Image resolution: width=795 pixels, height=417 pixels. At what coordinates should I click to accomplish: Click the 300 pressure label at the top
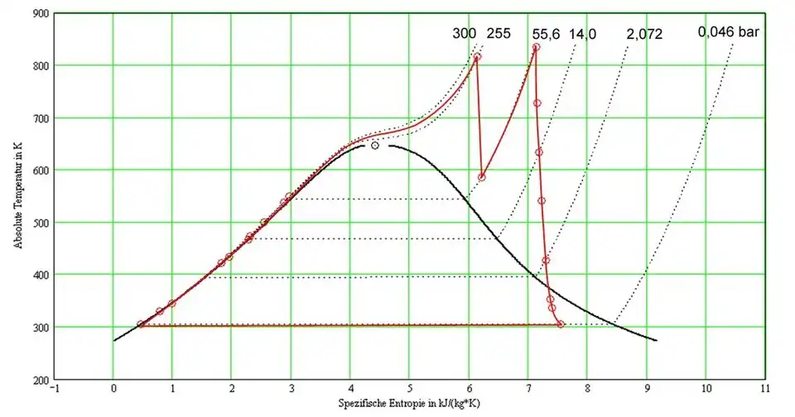(465, 34)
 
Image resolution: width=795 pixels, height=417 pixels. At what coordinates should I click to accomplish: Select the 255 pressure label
(498, 34)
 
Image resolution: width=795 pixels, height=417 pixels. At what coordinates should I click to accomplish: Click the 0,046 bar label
(730, 32)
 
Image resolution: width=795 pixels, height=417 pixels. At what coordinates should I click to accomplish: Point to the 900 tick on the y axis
(40, 13)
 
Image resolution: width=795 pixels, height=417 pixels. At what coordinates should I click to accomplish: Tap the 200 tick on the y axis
(40, 380)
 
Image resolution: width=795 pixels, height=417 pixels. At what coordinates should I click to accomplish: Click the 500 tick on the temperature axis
(40, 223)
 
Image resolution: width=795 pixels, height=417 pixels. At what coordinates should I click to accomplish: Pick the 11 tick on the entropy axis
(764, 387)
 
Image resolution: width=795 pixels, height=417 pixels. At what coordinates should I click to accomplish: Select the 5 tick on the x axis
(410, 387)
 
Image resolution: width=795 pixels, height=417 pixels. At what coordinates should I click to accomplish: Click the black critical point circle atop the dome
(375, 146)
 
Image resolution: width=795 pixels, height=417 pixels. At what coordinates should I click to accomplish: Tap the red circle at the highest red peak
(536, 48)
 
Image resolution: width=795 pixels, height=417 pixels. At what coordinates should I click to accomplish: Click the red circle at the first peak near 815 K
(476, 58)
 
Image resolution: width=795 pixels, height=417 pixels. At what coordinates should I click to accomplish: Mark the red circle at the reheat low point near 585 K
(482, 177)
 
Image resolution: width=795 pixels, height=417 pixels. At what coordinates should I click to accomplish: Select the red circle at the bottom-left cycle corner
(141, 324)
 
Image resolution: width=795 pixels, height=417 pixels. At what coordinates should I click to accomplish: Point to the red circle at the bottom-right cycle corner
(561, 324)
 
